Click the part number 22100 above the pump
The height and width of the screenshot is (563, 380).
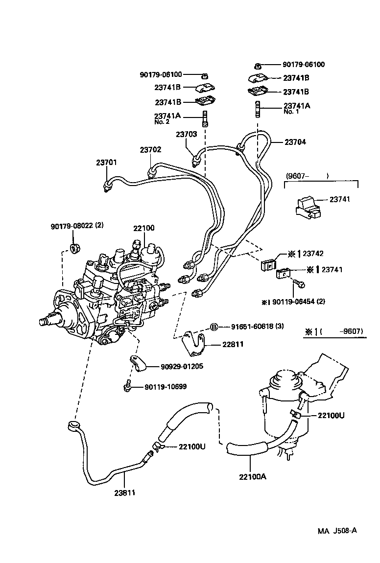coord(143,229)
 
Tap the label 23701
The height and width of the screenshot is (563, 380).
coord(106,163)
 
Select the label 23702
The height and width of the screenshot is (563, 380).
coord(150,150)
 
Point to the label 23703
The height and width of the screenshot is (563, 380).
coord(186,134)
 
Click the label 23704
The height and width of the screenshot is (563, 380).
coord(295,142)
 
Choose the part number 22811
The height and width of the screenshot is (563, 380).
coord(233,345)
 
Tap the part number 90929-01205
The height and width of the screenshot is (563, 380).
coord(182,366)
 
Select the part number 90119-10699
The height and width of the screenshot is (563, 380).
coord(165,387)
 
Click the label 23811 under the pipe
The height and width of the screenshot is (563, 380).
coord(125,493)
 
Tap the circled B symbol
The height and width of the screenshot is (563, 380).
coord(214,327)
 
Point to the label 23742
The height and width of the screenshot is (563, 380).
coord(313,254)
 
